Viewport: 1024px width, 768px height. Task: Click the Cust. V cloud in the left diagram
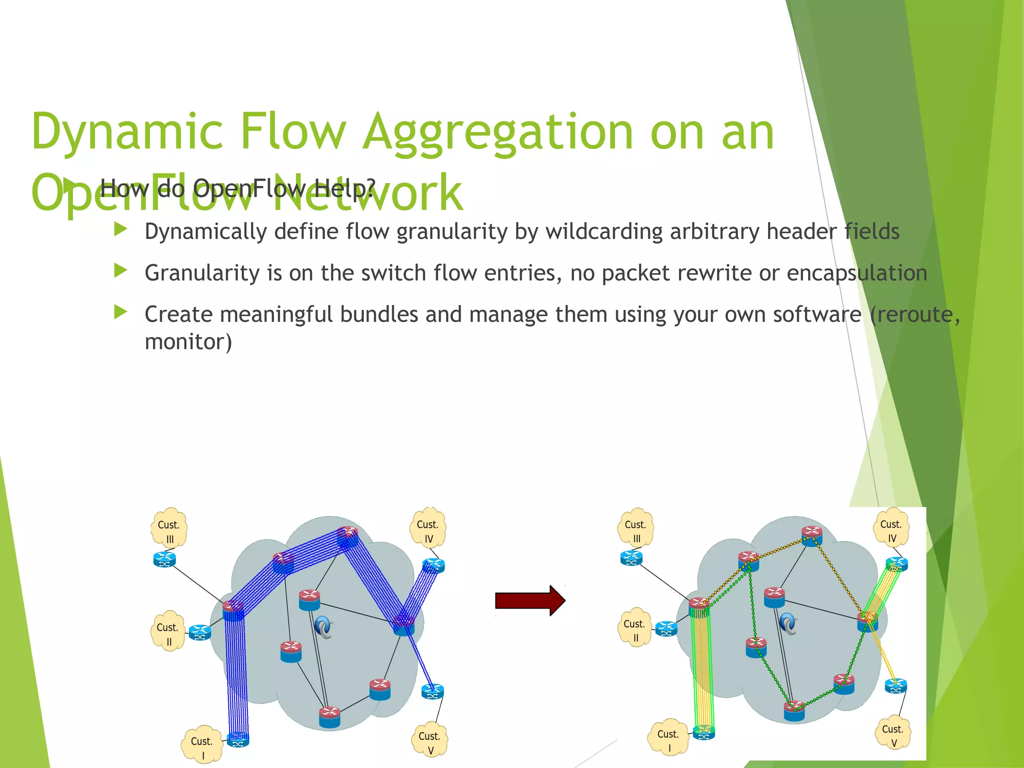[x=429, y=740]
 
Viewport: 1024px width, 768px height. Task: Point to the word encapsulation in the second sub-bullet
[x=856, y=273]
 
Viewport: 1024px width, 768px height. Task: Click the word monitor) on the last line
[x=188, y=342]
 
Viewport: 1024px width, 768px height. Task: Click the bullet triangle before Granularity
[x=120, y=271]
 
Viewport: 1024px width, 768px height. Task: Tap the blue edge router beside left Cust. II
[x=200, y=633]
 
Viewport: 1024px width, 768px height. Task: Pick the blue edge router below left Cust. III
[x=164, y=559]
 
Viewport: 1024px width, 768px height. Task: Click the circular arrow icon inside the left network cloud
[x=324, y=627]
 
